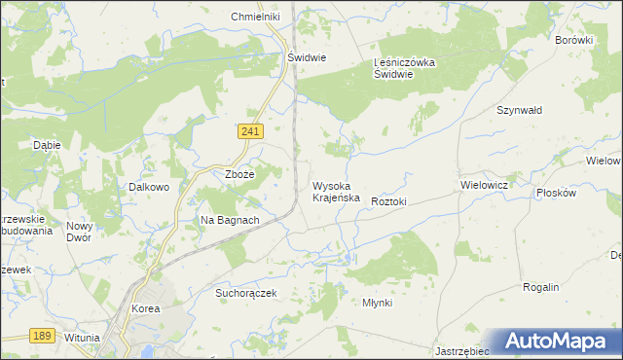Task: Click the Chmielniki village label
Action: [255, 18]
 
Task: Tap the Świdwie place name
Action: [306, 57]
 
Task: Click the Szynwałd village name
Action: [519, 111]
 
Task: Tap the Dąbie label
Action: [47, 145]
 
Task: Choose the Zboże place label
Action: [239, 174]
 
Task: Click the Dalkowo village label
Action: [150, 187]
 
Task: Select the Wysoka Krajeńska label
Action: [337, 191]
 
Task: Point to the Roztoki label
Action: [388, 200]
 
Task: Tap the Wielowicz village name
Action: [485, 183]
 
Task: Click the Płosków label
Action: [557, 193]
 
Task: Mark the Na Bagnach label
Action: [230, 220]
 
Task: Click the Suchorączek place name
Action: [247, 292]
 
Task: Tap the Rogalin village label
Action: [540, 288]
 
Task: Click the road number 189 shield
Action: [40, 335]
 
